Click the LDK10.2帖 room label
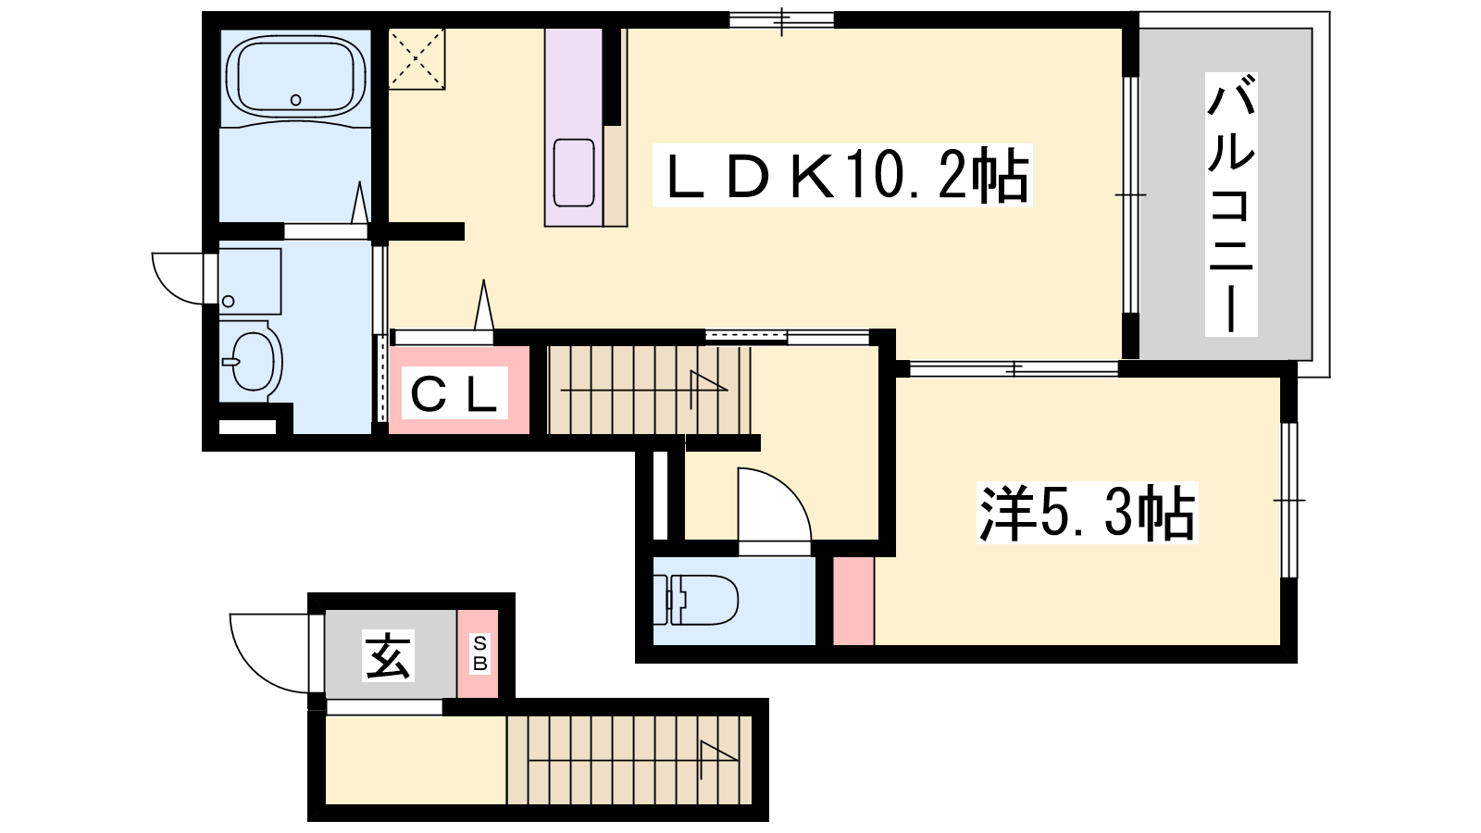841,175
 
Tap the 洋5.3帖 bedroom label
1087,513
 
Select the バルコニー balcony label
1230,205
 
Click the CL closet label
454,394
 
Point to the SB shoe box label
480,653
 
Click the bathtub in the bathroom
295,78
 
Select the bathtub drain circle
295,100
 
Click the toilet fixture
695,600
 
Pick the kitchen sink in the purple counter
573,172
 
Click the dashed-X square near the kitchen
416,59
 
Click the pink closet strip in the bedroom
853,601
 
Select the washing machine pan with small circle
250,281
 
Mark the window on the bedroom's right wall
1289,501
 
